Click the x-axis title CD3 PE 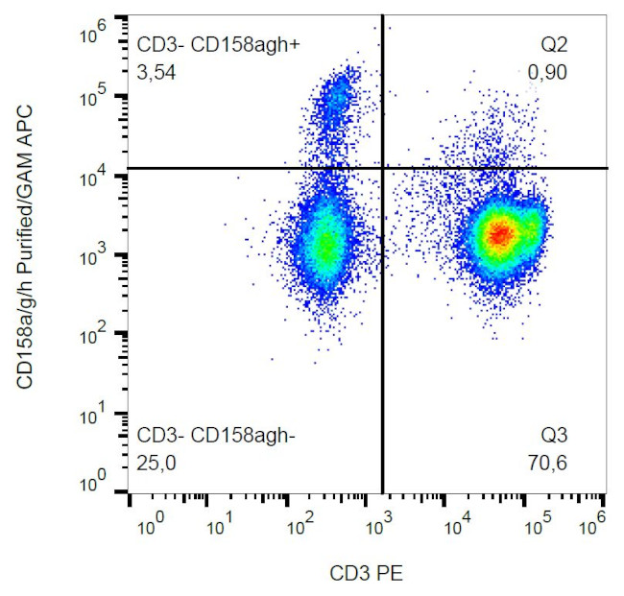tap(366, 574)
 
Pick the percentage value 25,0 tap(156, 464)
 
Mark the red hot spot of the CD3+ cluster tap(498, 233)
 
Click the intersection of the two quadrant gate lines tap(383, 168)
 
